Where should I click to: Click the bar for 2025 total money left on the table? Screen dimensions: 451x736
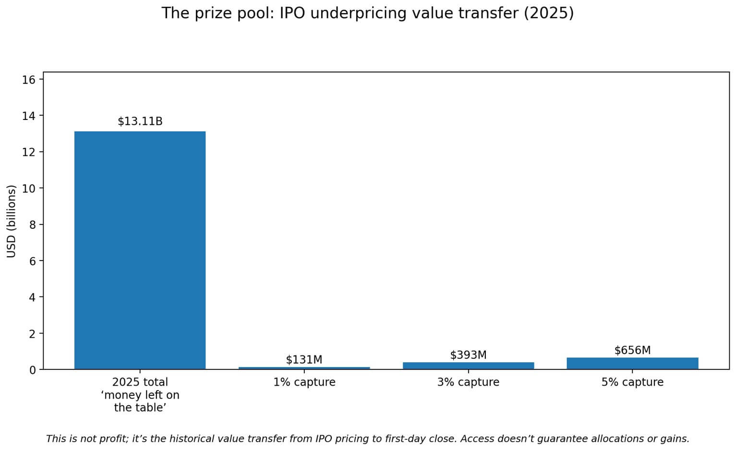(x=140, y=250)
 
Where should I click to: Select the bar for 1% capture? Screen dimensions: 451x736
(x=304, y=368)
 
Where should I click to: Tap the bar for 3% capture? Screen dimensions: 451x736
(x=468, y=366)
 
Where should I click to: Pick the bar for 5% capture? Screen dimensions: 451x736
(x=632, y=363)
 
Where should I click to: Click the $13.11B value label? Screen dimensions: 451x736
(x=140, y=121)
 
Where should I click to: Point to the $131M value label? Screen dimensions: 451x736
(x=304, y=359)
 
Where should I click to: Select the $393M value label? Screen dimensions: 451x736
(x=468, y=355)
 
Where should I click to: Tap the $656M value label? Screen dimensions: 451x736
(x=632, y=350)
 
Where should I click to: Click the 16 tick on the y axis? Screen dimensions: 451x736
(x=29, y=80)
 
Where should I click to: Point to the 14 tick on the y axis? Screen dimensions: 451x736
(x=29, y=116)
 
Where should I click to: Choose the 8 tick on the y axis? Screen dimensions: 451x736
(x=32, y=225)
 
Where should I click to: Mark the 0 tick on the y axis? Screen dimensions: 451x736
(x=32, y=370)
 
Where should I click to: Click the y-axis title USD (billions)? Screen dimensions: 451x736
(x=12, y=221)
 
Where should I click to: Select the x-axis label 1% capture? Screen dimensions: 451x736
(x=304, y=382)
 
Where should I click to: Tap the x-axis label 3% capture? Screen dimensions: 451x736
(x=468, y=382)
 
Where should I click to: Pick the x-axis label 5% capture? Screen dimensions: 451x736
(x=632, y=382)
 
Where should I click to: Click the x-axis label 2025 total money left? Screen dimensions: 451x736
(x=140, y=395)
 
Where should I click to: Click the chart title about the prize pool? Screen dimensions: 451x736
(x=367, y=13)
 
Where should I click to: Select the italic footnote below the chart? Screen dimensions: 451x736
(x=367, y=439)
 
